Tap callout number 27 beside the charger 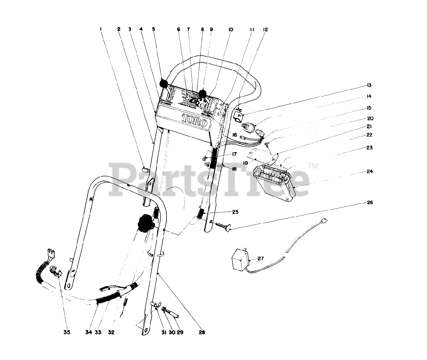[x=261, y=258]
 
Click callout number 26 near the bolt [x=370, y=202]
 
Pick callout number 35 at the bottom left [x=67, y=332]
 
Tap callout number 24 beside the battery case [x=370, y=172]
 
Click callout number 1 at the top [x=100, y=29]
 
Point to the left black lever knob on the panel [x=163, y=83]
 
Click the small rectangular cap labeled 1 [x=145, y=169]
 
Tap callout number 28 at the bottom [x=202, y=332]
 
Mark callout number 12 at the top [x=265, y=29]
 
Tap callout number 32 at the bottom [x=111, y=332]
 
